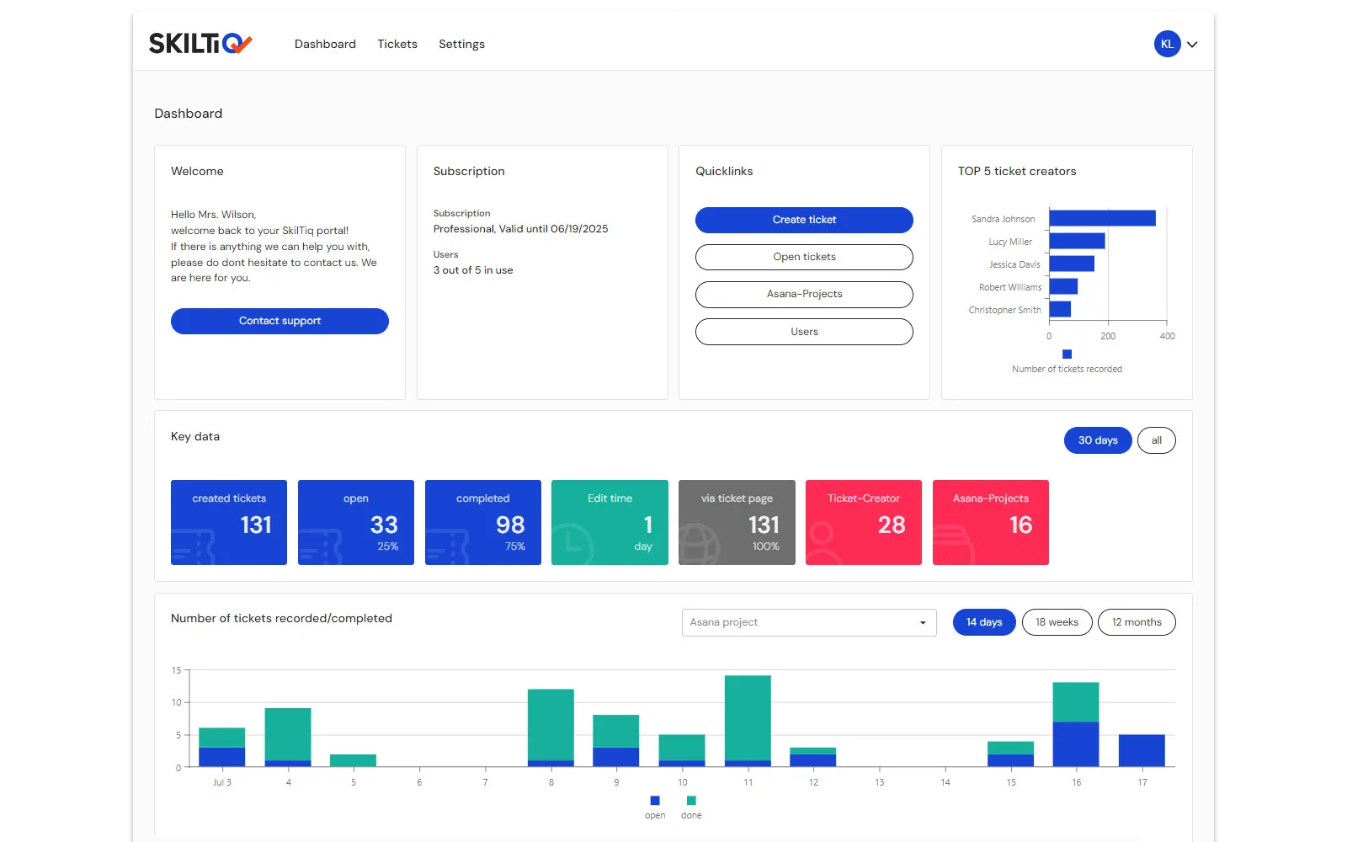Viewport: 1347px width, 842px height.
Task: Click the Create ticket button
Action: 804,220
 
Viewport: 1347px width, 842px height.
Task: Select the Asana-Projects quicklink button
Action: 804,294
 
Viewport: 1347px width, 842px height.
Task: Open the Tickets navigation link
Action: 397,44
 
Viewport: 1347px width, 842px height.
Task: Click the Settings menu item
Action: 461,44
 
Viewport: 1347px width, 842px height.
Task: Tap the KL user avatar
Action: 1167,44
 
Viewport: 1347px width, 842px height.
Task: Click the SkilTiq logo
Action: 200,43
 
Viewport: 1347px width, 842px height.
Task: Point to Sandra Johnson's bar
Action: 1102,218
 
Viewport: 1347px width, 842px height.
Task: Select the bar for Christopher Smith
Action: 1060,309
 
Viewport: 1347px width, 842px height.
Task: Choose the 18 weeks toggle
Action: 1057,622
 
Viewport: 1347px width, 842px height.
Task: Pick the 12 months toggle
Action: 1137,622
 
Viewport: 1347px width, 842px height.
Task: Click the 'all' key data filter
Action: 1157,440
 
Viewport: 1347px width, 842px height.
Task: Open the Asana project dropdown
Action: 809,622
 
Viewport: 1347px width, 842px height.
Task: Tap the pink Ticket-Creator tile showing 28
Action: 864,522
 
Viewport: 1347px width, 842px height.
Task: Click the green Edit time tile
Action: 610,522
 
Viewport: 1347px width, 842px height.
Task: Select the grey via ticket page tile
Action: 737,522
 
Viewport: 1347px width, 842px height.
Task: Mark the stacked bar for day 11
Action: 748,721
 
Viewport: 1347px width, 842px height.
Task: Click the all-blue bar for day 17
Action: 1142,750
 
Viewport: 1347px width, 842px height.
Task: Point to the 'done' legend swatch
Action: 691,801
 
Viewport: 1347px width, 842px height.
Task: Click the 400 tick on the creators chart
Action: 1167,336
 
